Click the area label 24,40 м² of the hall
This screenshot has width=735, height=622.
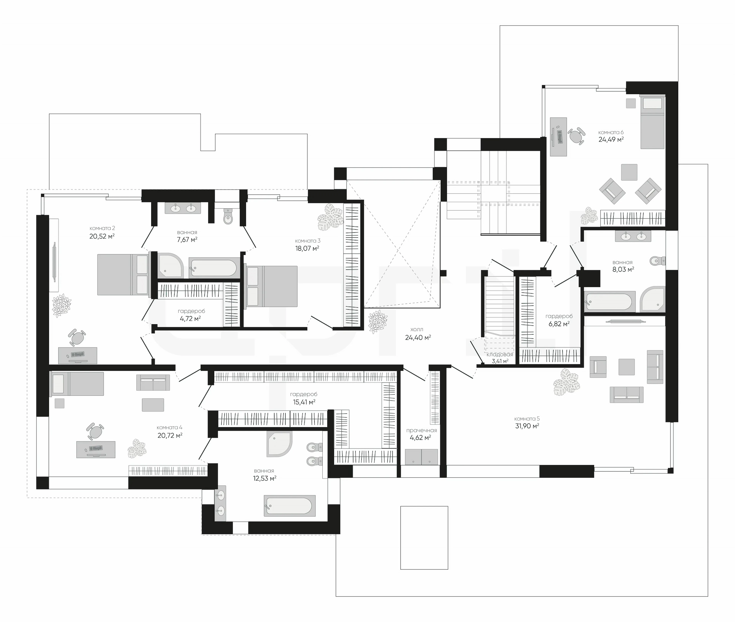[x=418, y=338]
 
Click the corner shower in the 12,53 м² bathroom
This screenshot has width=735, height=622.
[x=279, y=444]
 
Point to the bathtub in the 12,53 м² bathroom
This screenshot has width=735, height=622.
[x=290, y=506]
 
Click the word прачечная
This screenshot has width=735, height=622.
[x=421, y=430]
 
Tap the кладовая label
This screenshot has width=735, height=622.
[x=500, y=354]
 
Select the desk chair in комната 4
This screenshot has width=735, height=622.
[x=95, y=431]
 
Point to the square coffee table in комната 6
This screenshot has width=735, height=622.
[x=629, y=172]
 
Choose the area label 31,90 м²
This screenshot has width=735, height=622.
[x=527, y=426]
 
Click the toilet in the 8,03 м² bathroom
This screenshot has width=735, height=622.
[x=657, y=261]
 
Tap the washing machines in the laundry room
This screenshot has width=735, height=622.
[x=421, y=457]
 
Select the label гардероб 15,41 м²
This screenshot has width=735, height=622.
[x=304, y=398]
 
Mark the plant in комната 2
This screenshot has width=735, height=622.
[x=61, y=305]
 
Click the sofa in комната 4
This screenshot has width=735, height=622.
[x=153, y=383]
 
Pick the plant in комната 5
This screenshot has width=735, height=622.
[x=566, y=382]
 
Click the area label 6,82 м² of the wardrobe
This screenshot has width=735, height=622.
[x=559, y=324]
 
